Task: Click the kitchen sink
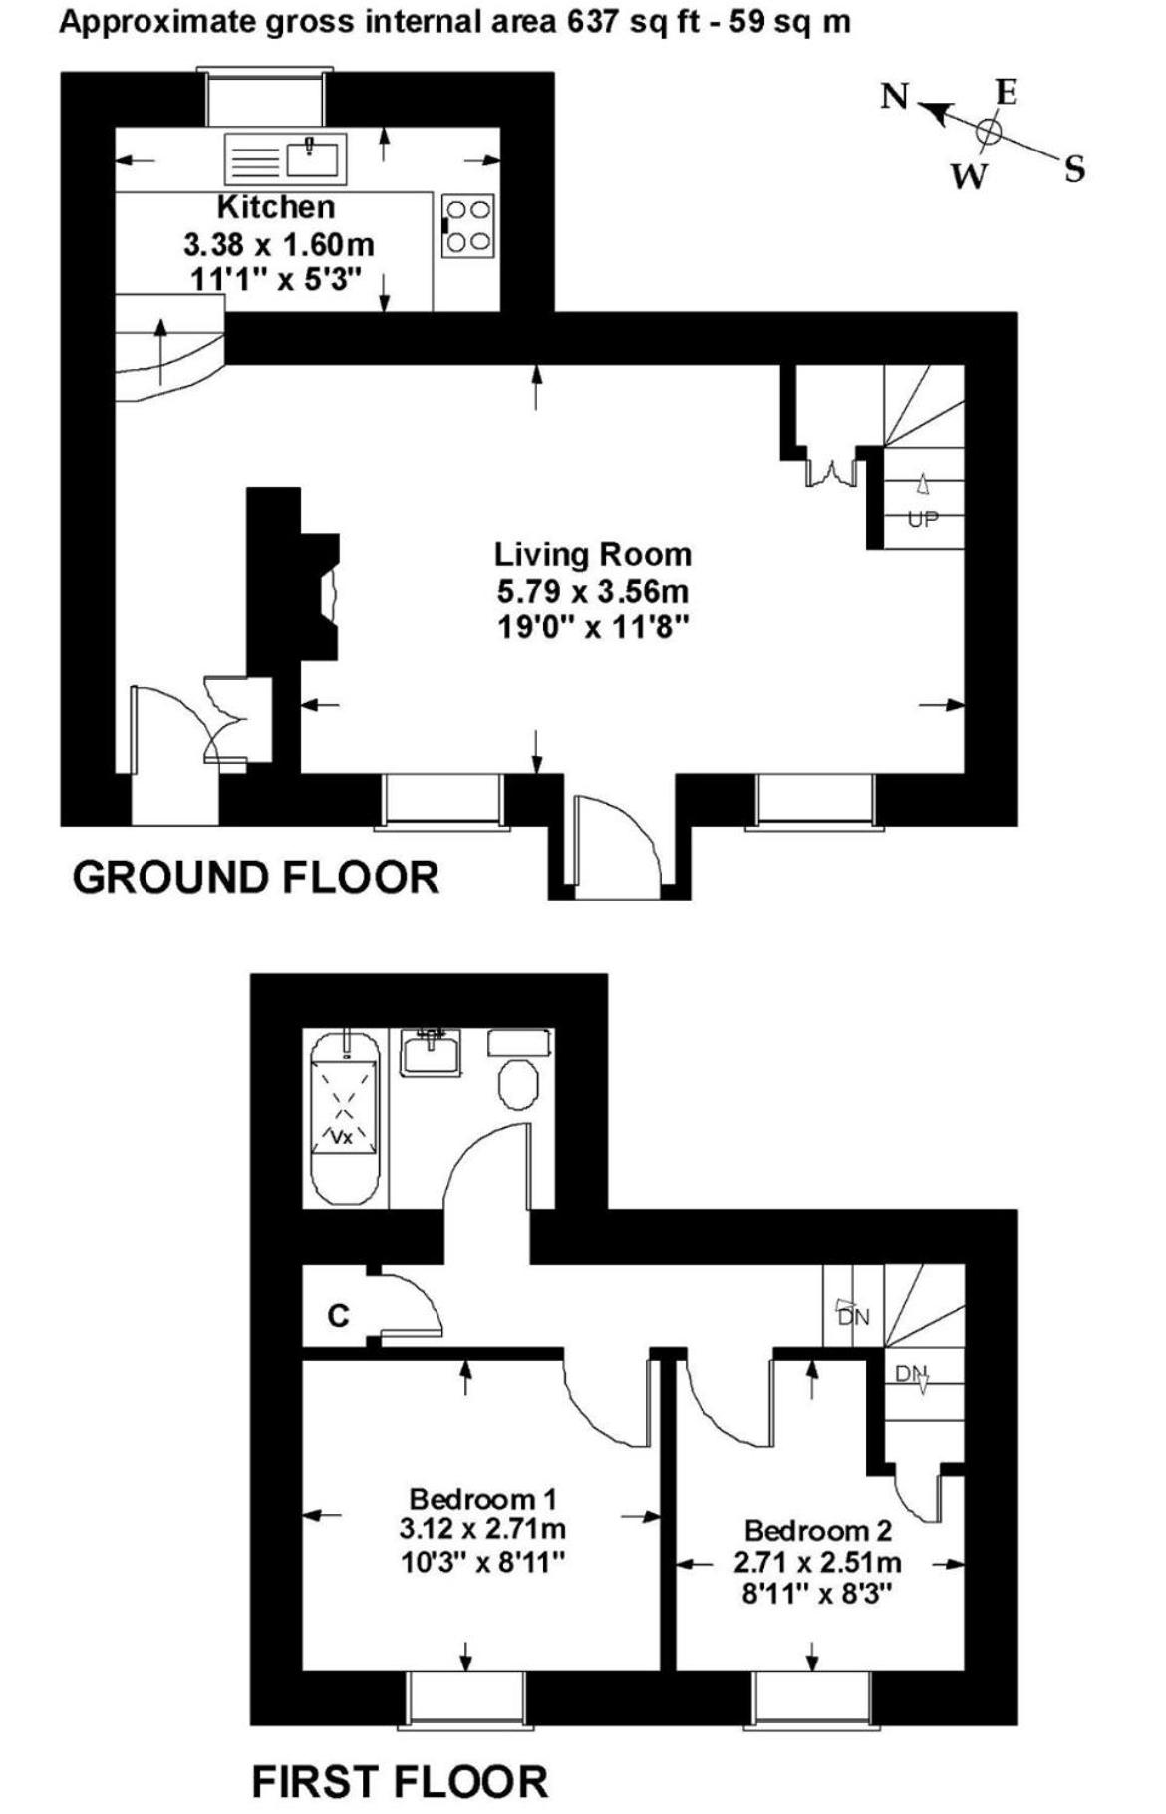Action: click(x=285, y=158)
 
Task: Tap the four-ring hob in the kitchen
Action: click(x=467, y=225)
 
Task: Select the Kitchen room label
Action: click(x=276, y=207)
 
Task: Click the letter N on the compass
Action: click(x=895, y=97)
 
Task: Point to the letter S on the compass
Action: click(x=1074, y=169)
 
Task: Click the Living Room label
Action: click(x=593, y=554)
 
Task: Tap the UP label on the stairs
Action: click(x=923, y=519)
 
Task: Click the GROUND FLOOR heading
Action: click(x=256, y=878)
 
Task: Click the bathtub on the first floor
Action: click(x=345, y=1118)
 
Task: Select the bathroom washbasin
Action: click(x=432, y=1053)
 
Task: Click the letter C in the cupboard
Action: click(x=339, y=1316)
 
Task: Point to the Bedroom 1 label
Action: click(x=482, y=1498)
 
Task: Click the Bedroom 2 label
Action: click(x=818, y=1530)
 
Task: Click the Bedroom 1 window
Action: click(x=466, y=1695)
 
